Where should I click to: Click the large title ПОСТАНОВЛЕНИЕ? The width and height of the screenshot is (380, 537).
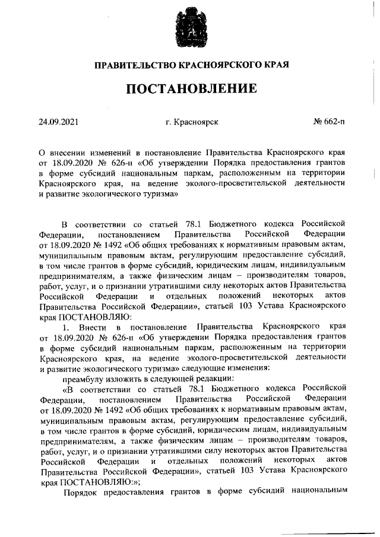(191, 90)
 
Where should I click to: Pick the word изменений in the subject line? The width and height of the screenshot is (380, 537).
(111, 152)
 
